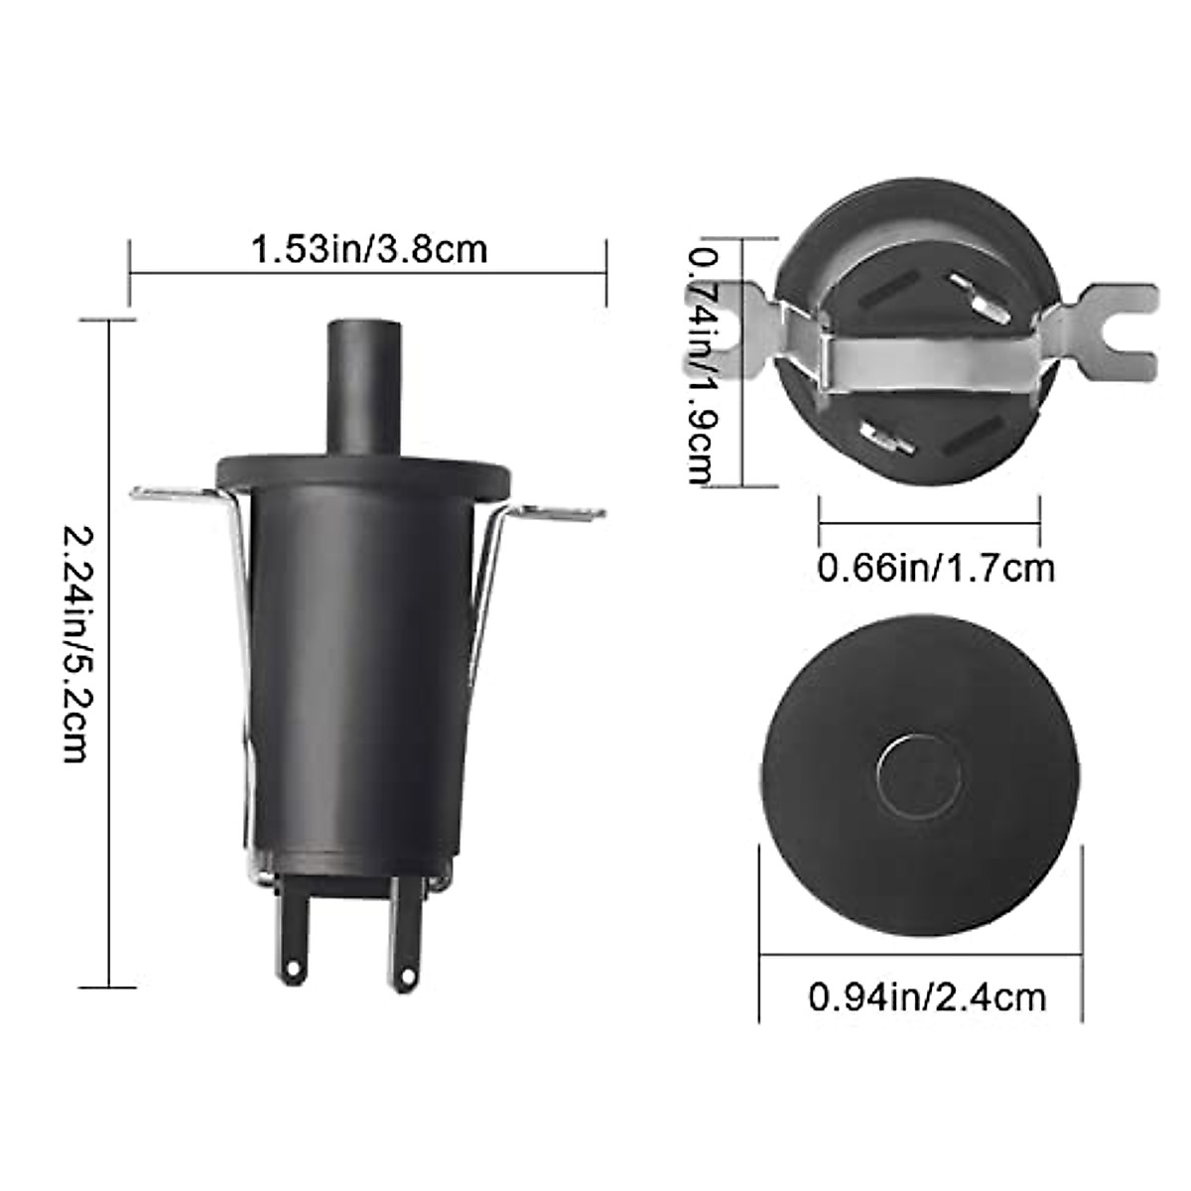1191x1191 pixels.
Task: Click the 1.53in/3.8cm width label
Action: point(368,248)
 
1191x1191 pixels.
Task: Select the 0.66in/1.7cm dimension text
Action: point(934,570)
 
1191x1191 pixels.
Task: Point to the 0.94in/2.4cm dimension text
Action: point(927,996)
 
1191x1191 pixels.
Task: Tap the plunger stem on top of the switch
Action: point(366,387)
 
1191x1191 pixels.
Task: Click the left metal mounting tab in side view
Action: point(174,494)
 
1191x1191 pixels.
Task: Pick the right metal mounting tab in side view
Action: point(561,512)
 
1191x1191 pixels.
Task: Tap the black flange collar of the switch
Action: point(365,471)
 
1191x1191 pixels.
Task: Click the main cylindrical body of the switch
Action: point(362,675)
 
